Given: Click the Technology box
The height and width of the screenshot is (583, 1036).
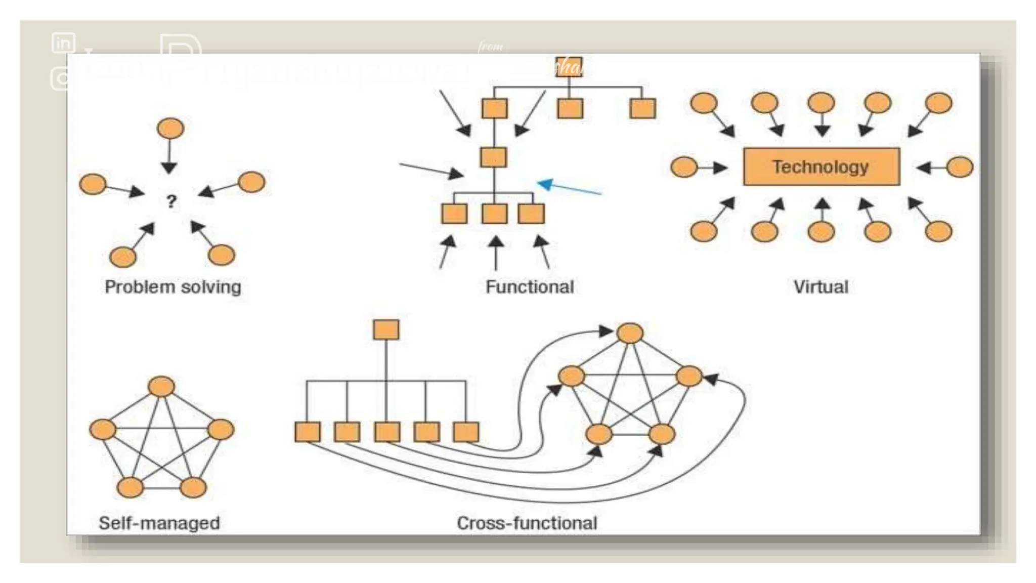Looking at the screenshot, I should pos(821,166).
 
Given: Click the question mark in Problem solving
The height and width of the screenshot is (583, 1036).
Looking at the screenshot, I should pos(171,201).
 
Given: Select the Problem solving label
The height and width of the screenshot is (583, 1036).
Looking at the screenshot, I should pos(172,287).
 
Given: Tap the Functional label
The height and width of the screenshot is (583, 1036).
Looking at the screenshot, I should pos(530,287).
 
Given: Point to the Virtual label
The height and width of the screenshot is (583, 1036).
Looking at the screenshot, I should pos(821,287).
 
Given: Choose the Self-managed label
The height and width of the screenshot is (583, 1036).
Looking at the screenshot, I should pos(159,523).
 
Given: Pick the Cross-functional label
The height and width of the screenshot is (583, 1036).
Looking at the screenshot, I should pos(527,523).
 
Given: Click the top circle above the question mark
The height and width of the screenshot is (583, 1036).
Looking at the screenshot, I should pos(170,129).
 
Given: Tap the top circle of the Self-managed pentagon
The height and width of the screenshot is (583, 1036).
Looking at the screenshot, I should pos(161,387).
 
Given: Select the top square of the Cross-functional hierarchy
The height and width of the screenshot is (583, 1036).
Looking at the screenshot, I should pos(386,329).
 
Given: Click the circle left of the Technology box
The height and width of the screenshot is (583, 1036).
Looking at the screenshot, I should pos(683,167).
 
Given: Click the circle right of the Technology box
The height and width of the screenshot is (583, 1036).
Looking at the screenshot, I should pos(960,167).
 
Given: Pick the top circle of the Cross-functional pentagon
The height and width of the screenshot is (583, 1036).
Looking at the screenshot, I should pos(630,334).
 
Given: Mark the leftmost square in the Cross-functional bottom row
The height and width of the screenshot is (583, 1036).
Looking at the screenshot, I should pos(308,432).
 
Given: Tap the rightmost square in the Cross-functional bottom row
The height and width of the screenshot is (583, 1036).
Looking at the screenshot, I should pos(466,432).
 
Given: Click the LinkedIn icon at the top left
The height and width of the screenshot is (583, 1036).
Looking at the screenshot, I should pos(64,43).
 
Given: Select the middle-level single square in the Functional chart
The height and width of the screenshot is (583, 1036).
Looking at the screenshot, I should pos(493,157).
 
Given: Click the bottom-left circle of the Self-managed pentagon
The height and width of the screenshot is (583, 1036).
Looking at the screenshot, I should pos(130,487).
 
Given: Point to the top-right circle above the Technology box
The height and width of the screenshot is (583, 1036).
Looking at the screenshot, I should pos(938,103).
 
